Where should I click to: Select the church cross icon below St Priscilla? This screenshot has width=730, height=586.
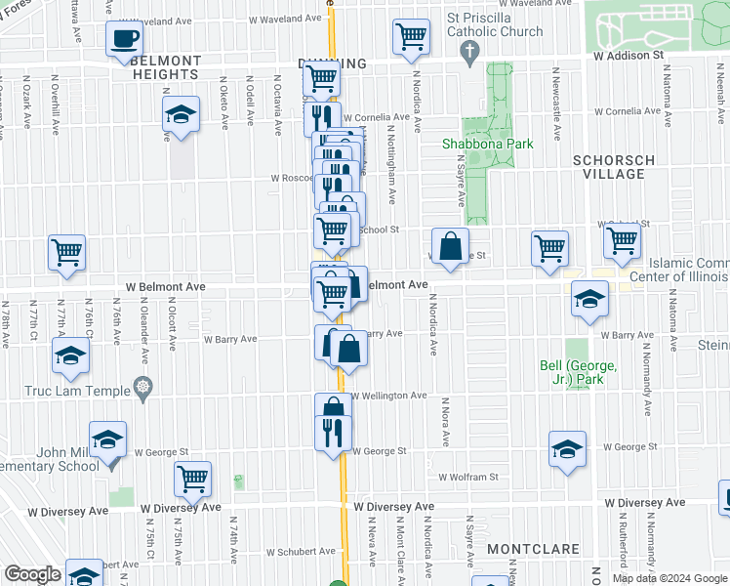click(x=470, y=50)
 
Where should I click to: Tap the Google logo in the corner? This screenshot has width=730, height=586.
click(x=31, y=574)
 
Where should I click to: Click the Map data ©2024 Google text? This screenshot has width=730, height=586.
click(x=669, y=578)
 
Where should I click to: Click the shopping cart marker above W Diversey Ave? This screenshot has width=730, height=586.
click(x=193, y=479)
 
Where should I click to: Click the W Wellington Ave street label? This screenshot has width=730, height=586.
click(x=389, y=396)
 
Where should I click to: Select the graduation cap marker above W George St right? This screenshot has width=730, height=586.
click(x=567, y=449)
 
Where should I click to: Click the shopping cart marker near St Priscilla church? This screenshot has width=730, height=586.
click(x=412, y=38)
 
